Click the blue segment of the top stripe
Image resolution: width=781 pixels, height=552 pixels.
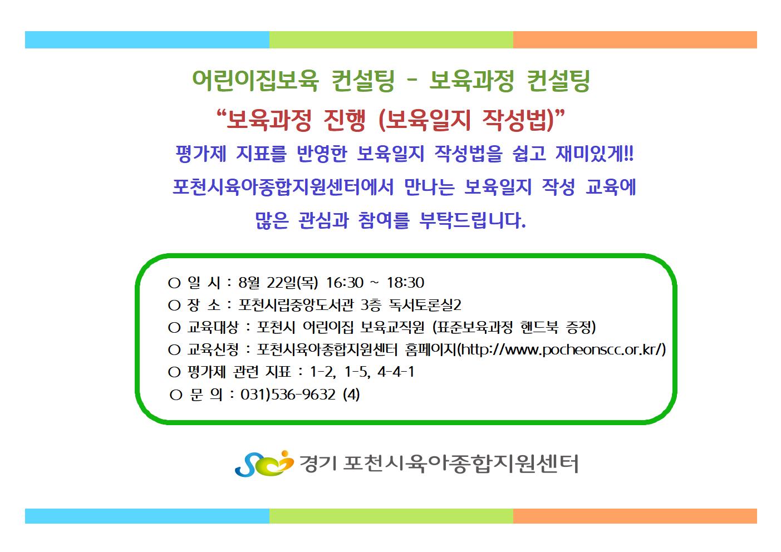click(x=147, y=40)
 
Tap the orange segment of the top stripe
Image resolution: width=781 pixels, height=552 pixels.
click(x=635, y=40)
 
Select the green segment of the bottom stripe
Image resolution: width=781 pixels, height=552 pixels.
click(x=391, y=516)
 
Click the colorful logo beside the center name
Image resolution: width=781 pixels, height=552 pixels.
click(x=264, y=464)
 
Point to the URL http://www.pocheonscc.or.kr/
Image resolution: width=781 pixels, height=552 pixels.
click(x=561, y=349)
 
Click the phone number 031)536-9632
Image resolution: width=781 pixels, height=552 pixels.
click(x=288, y=395)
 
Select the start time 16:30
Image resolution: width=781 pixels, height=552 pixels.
click(x=345, y=283)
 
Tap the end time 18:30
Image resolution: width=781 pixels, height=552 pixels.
click(x=405, y=283)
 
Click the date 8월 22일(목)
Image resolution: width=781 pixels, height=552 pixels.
click(x=278, y=283)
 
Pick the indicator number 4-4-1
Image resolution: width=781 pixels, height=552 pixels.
click(x=396, y=372)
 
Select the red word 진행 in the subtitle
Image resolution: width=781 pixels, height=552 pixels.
click(x=345, y=120)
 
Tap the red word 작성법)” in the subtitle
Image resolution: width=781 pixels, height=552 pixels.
click(x=523, y=120)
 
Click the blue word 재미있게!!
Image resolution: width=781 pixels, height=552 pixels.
click(x=595, y=154)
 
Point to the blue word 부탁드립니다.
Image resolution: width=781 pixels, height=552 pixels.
click(x=473, y=220)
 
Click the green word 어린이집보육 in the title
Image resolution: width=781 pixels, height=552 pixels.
click(x=255, y=81)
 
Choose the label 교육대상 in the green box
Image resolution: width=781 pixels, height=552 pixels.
click(x=213, y=327)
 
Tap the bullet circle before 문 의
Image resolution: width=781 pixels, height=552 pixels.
click(x=176, y=395)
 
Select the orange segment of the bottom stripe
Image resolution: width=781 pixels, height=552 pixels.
click(x=635, y=516)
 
